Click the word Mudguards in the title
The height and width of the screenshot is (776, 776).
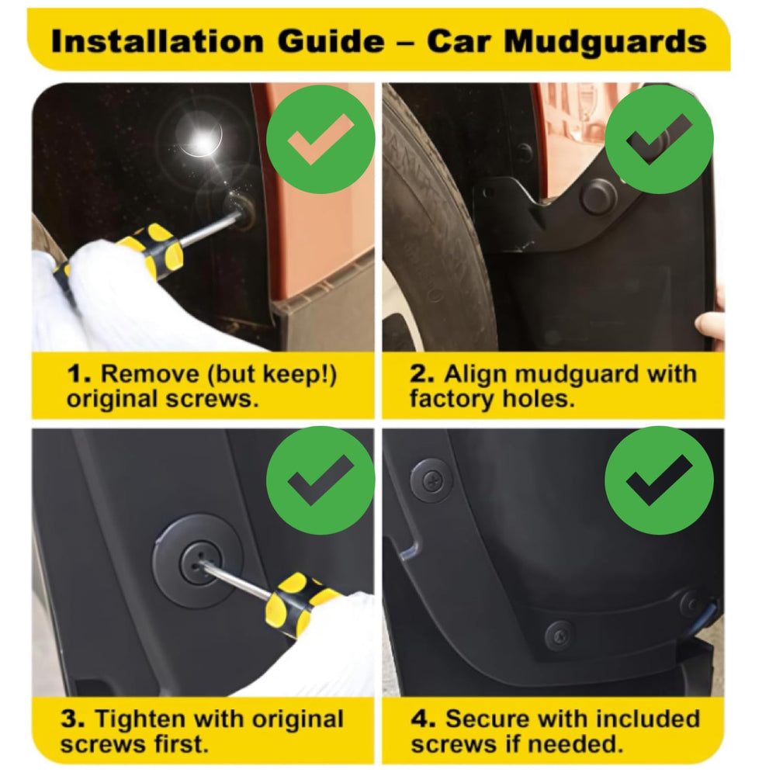606,42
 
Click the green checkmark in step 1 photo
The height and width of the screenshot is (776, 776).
320,139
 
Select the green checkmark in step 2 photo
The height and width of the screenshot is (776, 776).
659,139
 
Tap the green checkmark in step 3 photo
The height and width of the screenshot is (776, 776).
320,480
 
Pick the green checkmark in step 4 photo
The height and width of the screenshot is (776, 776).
659,480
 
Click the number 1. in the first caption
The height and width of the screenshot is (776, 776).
79,374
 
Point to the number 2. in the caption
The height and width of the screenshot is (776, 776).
422,374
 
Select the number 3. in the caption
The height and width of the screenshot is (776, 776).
73,719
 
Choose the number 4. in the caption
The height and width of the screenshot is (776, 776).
423,719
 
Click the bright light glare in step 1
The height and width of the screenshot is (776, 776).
202,139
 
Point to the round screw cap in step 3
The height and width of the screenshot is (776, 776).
197,560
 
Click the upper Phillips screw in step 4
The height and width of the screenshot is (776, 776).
431,480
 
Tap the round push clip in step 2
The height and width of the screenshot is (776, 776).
598,196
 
